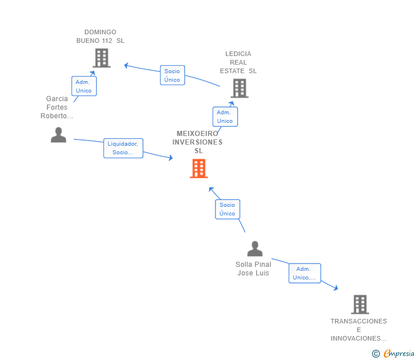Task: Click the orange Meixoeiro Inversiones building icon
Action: click(x=199, y=169)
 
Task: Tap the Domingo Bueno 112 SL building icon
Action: click(x=101, y=58)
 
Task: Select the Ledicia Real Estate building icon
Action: click(x=239, y=88)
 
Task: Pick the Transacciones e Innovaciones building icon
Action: click(x=359, y=305)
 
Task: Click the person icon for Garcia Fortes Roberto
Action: click(x=58, y=135)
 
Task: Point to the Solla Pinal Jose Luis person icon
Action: click(x=255, y=249)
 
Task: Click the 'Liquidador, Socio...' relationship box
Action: click(x=123, y=148)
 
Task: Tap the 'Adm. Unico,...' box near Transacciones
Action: click(x=305, y=273)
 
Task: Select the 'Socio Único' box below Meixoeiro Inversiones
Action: click(x=227, y=209)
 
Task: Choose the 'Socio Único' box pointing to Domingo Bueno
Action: click(x=172, y=75)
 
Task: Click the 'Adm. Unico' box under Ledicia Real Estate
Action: click(x=225, y=117)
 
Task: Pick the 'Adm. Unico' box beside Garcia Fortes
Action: click(x=84, y=86)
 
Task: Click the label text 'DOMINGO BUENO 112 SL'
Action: click(x=100, y=37)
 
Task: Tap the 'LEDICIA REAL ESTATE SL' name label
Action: click(x=238, y=62)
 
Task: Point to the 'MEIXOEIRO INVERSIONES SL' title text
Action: click(x=198, y=142)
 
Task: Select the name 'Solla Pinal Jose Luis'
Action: click(x=254, y=269)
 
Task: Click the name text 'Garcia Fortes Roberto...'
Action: click(x=57, y=107)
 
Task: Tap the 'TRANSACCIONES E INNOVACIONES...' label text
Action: click(x=359, y=330)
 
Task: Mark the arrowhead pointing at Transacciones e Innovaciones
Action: click(x=336, y=288)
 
